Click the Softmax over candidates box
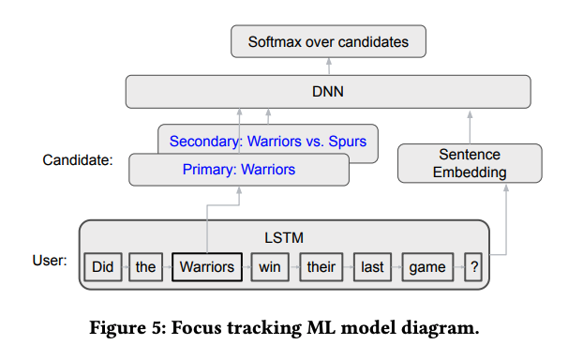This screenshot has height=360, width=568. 329,42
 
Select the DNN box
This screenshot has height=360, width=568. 328,92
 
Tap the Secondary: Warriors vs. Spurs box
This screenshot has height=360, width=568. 268,142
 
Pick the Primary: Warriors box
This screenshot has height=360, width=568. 238,170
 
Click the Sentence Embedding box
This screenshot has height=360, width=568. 470,163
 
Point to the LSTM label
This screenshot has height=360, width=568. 284,238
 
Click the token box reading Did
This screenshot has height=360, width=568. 103,267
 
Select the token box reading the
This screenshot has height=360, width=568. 145,267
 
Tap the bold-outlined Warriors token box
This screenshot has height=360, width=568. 207,267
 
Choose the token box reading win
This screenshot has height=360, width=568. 268,267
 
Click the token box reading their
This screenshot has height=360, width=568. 321,267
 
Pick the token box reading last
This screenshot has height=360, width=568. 372,267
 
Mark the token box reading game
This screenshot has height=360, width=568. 428,267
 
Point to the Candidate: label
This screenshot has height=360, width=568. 78,160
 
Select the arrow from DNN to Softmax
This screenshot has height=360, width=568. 329,66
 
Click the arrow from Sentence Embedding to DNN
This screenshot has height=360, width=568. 470,126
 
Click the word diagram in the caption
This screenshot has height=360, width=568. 443,328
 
